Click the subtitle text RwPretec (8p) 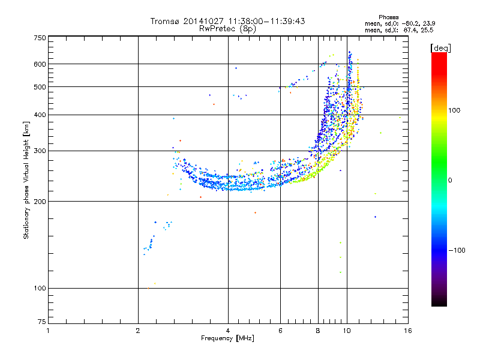click(x=227, y=29)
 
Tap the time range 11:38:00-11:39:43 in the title click(x=266, y=21)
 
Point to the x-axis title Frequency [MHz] click(x=227, y=338)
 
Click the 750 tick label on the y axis click(x=40, y=38)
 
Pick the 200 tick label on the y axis click(x=40, y=202)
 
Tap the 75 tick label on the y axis click(x=42, y=322)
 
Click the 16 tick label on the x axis click(x=408, y=331)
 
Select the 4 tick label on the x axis click(x=228, y=331)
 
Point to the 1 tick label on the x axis click(x=48, y=331)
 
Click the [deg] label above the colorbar click(x=440, y=48)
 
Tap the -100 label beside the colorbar click(x=457, y=250)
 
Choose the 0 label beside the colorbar click(x=450, y=181)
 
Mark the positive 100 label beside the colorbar click(x=454, y=110)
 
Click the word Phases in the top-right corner click(x=388, y=17)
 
